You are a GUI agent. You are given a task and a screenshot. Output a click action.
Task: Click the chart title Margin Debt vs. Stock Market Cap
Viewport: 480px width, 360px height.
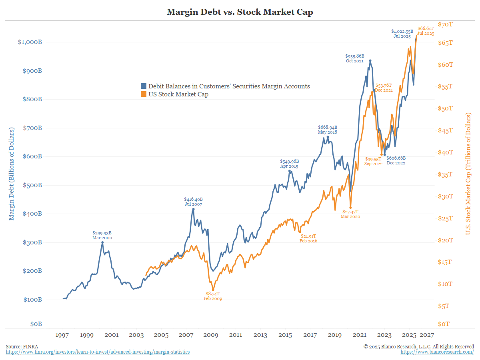pyautogui.click(x=240, y=12)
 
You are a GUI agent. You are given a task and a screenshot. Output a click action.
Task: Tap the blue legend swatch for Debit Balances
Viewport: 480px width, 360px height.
pyautogui.click(x=143, y=86)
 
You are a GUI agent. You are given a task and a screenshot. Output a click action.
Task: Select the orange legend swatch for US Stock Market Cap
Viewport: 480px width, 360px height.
pyautogui.click(x=143, y=94)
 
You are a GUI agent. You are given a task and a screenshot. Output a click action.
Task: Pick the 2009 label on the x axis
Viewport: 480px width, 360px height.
pyautogui.click(x=211, y=335)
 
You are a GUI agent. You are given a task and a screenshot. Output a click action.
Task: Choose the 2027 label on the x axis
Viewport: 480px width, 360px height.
pyautogui.click(x=427, y=335)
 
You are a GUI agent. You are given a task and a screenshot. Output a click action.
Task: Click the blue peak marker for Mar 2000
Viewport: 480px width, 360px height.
pyautogui.click(x=102, y=242)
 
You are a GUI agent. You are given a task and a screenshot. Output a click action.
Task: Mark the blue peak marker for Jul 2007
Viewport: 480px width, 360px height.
pyautogui.click(x=193, y=209)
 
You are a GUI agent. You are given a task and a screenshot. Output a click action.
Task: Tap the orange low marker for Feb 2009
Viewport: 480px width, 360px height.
pyautogui.click(x=213, y=290)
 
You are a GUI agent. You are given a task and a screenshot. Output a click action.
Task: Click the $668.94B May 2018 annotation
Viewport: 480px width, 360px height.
pyautogui.click(x=328, y=129)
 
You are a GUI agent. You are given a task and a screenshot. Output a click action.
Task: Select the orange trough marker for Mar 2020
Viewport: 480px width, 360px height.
pyautogui.click(x=350, y=208)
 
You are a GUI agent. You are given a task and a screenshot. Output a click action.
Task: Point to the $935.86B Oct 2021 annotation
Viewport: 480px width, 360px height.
pyautogui.click(x=354, y=58)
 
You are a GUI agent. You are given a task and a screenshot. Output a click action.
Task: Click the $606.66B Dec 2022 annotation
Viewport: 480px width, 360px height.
pyautogui.click(x=396, y=160)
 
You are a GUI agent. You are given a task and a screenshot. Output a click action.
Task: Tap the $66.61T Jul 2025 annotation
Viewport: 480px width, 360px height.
pyautogui.click(x=426, y=31)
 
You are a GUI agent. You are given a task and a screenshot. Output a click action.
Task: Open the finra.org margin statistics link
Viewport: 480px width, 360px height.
pyautogui.click(x=98, y=352)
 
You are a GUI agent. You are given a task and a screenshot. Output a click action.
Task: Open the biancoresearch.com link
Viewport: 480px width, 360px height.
pyautogui.click(x=437, y=352)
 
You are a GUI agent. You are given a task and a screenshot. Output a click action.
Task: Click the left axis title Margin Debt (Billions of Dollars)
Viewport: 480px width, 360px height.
pyautogui.click(x=12, y=174)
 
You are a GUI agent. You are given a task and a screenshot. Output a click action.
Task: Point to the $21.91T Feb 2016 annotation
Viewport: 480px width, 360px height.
pyautogui.click(x=309, y=238)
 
